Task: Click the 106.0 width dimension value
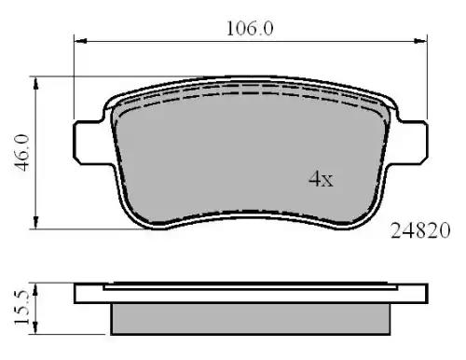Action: click(250, 29)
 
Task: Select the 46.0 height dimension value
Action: click(22, 153)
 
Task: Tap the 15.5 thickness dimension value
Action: click(21, 308)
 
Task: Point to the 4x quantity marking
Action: click(321, 179)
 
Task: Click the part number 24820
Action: click(420, 230)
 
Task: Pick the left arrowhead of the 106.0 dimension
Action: click(81, 41)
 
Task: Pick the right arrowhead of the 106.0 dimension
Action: click(420, 41)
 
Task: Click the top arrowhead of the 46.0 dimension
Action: click(36, 83)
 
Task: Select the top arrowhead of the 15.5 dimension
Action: click(35, 289)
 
